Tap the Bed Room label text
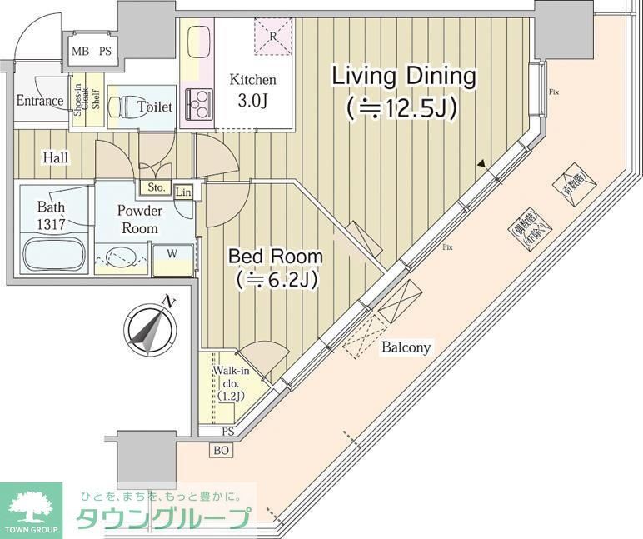(276, 267)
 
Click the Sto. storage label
(156, 187)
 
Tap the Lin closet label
(183, 192)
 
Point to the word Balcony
(406, 347)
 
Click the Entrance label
(39, 102)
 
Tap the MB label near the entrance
(80, 51)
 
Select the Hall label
(56, 157)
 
